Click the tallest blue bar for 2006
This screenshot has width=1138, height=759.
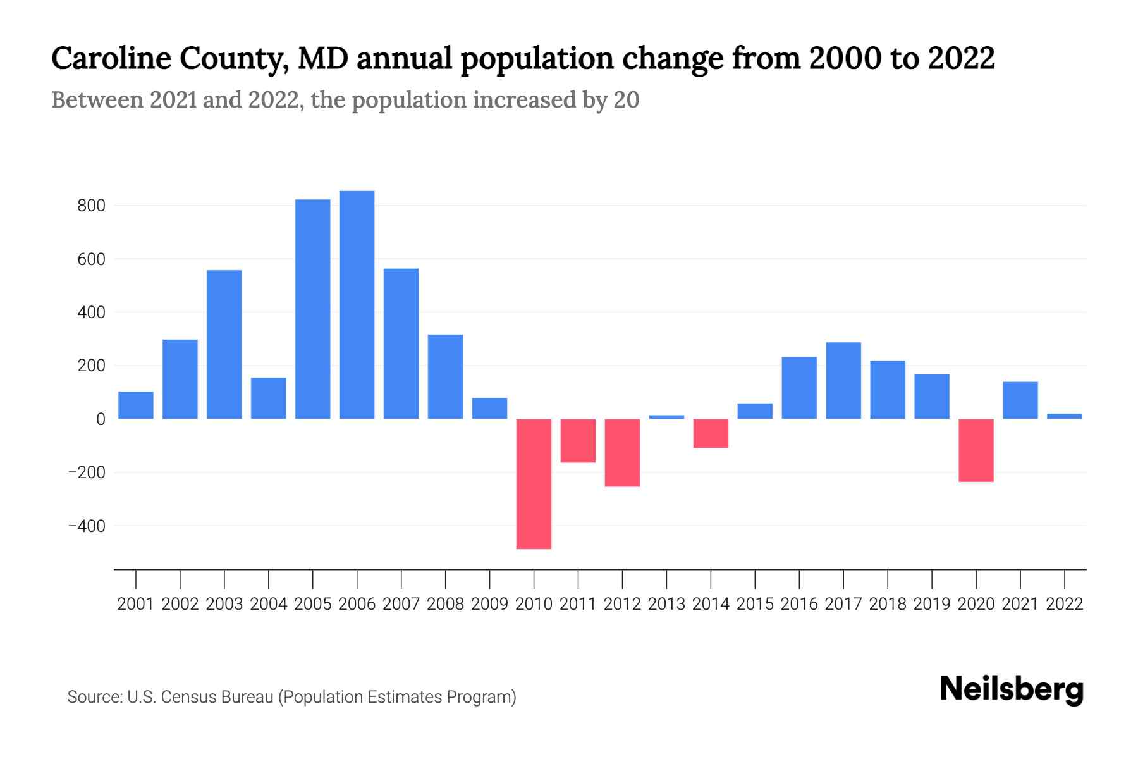click(357, 305)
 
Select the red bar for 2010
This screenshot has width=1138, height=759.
click(534, 484)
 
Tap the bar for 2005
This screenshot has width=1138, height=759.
click(312, 309)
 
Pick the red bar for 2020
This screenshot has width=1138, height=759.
click(976, 450)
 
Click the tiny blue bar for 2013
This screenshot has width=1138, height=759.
click(666, 417)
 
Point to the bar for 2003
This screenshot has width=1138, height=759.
click(224, 345)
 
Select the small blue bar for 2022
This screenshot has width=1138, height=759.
click(1064, 416)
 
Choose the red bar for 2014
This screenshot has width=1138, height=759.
click(711, 433)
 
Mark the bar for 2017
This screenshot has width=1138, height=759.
click(843, 381)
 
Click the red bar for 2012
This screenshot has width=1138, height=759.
click(622, 453)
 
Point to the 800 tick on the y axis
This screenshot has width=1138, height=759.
click(91, 206)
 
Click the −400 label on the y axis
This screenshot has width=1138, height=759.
click(87, 526)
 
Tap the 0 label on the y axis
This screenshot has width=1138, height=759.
click(101, 419)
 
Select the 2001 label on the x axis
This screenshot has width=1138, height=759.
click(135, 604)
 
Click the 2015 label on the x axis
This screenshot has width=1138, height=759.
click(755, 604)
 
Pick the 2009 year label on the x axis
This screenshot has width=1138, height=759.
click(489, 604)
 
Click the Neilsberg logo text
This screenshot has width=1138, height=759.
click(1011, 689)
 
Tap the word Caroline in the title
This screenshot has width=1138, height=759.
click(111, 58)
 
